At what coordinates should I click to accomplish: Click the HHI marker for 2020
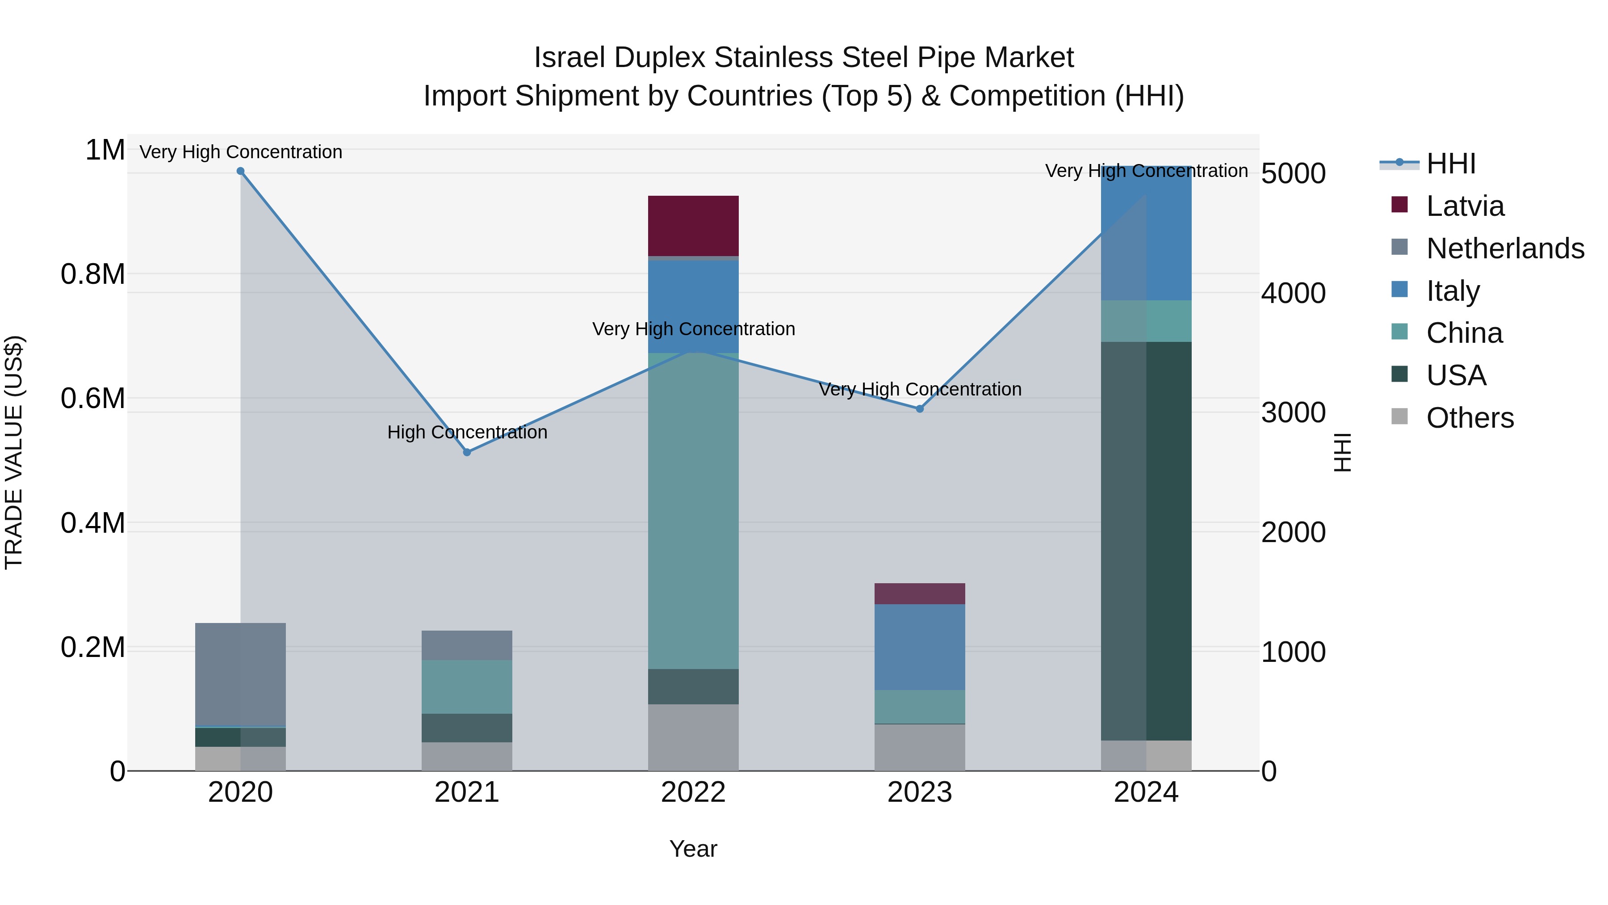click(x=240, y=171)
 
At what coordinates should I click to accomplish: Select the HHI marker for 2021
click(x=467, y=452)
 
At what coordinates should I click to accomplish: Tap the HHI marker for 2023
click(x=920, y=409)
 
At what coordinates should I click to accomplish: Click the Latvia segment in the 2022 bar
click(x=693, y=226)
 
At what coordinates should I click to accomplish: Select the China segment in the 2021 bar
click(x=467, y=686)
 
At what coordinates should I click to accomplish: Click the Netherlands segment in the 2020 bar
click(x=240, y=674)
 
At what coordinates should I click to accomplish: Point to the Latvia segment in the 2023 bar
click(x=920, y=594)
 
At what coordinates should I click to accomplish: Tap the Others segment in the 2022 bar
click(x=693, y=737)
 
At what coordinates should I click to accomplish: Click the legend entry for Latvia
click(x=1465, y=206)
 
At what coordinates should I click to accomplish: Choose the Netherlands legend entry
click(x=1504, y=248)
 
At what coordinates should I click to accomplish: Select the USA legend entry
click(x=1456, y=375)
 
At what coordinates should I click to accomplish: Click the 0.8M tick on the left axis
click(x=93, y=274)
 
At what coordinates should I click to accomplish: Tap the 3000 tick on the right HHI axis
click(x=1293, y=413)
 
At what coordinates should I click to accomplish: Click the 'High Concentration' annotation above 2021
click(x=467, y=432)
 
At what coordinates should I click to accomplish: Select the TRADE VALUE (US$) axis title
click(x=14, y=452)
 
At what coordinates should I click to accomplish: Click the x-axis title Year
click(x=693, y=849)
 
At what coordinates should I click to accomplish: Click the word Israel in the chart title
click(x=569, y=58)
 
